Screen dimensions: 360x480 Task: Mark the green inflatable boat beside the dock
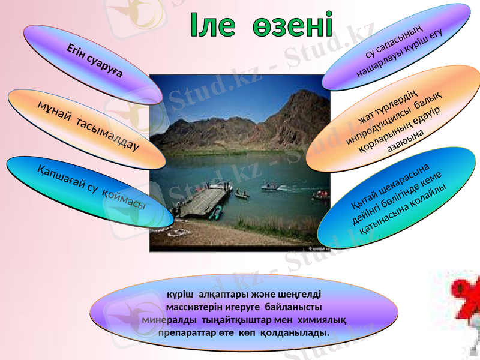217,211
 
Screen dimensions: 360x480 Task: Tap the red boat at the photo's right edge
321,195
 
